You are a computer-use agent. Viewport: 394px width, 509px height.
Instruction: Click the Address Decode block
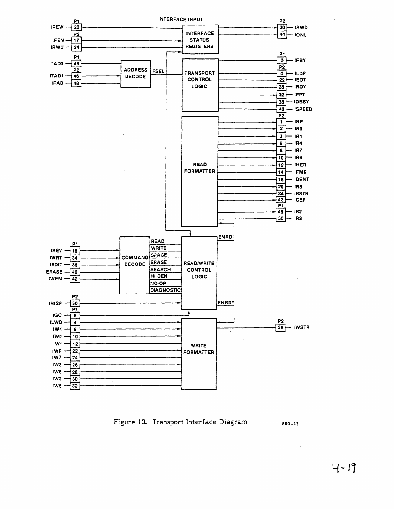point(136,74)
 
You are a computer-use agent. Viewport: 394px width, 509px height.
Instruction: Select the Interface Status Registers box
point(200,40)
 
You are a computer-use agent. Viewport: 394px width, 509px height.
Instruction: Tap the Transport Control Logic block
point(200,80)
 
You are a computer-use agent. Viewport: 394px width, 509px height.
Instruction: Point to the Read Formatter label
point(200,168)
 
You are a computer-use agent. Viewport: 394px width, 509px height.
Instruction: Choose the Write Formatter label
point(199,349)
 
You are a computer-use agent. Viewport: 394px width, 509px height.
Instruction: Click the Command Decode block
point(135,261)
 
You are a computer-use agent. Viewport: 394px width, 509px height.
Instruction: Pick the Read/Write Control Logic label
point(199,270)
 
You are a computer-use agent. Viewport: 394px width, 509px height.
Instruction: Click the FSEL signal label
point(158,71)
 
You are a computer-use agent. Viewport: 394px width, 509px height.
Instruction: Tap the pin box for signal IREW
point(76,27)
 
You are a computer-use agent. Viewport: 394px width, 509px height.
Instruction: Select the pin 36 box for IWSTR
point(281,328)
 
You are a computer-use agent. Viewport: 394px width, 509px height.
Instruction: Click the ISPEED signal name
point(303,109)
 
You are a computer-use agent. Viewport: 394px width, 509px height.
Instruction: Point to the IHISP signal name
point(55,303)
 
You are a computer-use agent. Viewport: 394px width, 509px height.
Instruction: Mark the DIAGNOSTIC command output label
point(165,290)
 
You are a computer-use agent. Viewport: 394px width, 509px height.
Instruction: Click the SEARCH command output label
point(161,269)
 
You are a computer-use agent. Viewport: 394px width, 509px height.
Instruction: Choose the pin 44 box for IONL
point(282,35)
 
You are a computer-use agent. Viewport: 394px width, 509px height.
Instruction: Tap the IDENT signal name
point(302,179)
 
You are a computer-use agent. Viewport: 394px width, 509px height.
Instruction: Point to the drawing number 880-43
point(290,424)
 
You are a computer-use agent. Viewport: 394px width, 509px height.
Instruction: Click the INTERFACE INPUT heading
point(181,19)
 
